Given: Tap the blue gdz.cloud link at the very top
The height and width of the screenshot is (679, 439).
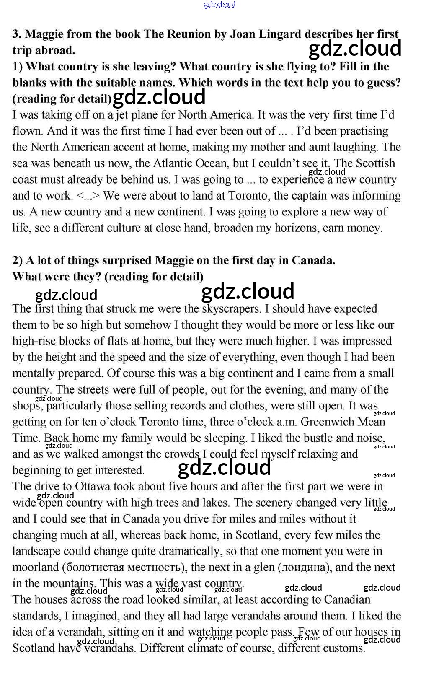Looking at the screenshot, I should coord(219,5).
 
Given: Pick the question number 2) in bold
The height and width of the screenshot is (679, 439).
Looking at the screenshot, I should coord(18,261).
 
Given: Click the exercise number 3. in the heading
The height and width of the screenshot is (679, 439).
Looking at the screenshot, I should coord(17,34).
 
